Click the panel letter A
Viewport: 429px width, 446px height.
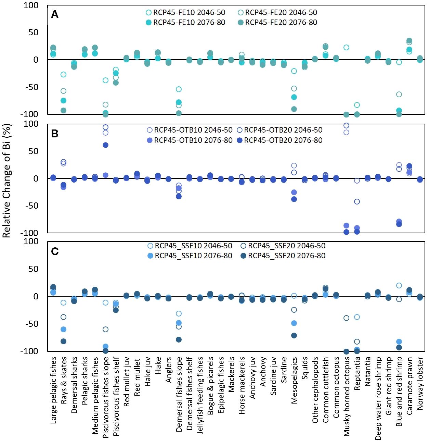pyautogui.click(x=55, y=14)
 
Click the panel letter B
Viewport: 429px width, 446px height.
pyautogui.click(x=55, y=134)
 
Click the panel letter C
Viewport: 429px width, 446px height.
pyautogui.click(x=55, y=251)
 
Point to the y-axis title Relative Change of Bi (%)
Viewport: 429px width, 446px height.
pyautogui.click(x=7, y=181)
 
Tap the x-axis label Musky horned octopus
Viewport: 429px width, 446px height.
pyautogui.click(x=347, y=396)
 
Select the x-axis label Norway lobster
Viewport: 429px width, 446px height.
pyautogui.click(x=420, y=383)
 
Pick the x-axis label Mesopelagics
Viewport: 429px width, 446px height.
pyautogui.click(x=294, y=380)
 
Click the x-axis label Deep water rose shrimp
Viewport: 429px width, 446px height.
pyautogui.click(x=378, y=398)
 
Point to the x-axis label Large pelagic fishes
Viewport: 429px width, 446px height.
pyautogui.click(x=53, y=390)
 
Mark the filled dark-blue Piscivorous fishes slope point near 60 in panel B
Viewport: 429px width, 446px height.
pyautogui.click(x=105, y=145)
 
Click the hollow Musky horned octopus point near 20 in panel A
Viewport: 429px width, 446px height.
pyautogui.click(x=346, y=48)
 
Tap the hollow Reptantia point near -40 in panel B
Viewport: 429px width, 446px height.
pyautogui.click(x=357, y=202)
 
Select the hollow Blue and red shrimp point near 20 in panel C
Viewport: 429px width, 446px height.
pyautogui.click(x=399, y=286)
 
